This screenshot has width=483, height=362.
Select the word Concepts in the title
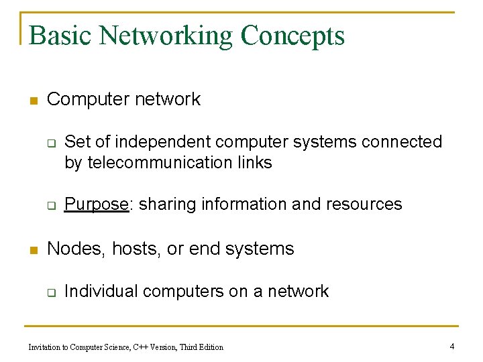292,36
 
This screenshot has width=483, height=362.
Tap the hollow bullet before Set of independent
50,143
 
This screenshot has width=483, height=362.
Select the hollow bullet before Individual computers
50,292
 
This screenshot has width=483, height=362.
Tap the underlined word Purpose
96,204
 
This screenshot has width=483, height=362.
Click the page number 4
452,346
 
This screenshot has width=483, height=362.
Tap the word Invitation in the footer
46,347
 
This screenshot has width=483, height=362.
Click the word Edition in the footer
210,347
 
